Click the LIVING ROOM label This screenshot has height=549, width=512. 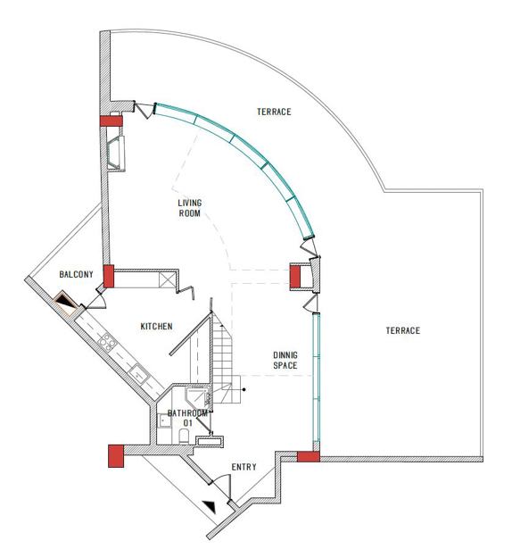pyautogui.click(x=190, y=208)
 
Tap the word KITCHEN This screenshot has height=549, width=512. pyautogui.click(x=156, y=327)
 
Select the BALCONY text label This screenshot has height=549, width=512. pyautogui.click(x=77, y=274)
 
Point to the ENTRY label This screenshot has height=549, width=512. pyautogui.click(x=244, y=467)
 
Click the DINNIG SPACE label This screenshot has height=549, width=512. pyautogui.click(x=285, y=361)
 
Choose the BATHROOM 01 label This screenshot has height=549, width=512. pyautogui.click(x=187, y=418)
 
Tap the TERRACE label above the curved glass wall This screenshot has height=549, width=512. pyautogui.click(x=274, y=112)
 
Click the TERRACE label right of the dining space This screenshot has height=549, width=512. pyautogui.click(x=403, y=330)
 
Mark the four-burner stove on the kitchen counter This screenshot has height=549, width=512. pyautogui.click(x=107, y=341)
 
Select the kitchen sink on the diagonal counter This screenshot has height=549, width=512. pyautogui.click(x=139, y=373)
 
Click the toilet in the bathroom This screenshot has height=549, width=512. pyautogui.click(x=184, y=437)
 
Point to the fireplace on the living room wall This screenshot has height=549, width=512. pyautogui.click(x=116, y=154)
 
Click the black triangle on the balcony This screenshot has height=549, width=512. pyautogui.click(x=65, y=301)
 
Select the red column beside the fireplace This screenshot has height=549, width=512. pyautogui.click(x=111, y=121)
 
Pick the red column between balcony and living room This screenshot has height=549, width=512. pyautogui.click(x=109, y=276)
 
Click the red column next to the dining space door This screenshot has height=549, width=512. pyautogui.click(x=295, y=277)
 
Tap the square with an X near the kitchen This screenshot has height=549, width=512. pyautogui.click(x=166, y=279)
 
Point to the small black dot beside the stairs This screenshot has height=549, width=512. pyautogui.click(x=244, y=389)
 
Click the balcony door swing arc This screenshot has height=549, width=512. pyautogui.click(x=99, y=299)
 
